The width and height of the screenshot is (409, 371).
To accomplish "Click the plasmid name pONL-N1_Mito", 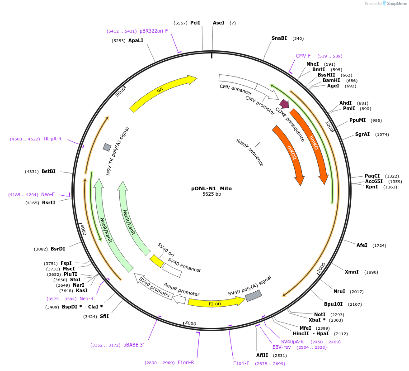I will click(211, 188).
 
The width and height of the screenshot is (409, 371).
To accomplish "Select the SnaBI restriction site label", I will click(279, 39).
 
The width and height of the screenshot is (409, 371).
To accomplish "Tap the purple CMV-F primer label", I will click(303, 56).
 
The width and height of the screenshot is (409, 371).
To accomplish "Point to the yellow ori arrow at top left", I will click(163, 93).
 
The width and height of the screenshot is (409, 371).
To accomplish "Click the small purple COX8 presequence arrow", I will click(284, 104).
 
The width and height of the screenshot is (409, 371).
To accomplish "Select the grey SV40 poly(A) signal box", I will click(254, 295).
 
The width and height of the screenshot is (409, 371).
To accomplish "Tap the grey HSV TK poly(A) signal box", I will click(107, 147).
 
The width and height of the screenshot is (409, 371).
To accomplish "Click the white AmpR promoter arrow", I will click(179, 299).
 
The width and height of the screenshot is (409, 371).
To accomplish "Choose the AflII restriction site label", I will click(262, 356).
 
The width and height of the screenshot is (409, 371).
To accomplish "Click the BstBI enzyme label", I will click(48, 172).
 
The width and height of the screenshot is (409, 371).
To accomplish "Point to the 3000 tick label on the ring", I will click(191, 323).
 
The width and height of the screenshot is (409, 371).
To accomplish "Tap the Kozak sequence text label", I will click(249, 152).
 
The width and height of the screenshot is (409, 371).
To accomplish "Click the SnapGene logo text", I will click(397, 4).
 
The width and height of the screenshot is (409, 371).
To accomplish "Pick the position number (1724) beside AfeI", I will click(379, 246).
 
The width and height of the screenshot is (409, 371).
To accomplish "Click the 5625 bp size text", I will click(212, 194).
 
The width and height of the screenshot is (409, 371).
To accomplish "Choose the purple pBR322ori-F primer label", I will click(154, 31).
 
